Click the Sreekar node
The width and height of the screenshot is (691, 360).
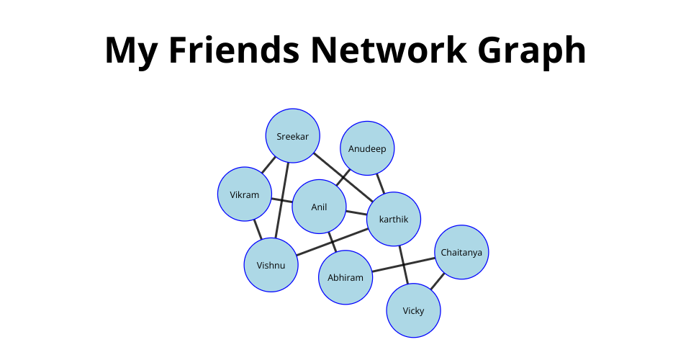(292, 135)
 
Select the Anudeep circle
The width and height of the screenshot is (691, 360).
(367, 148)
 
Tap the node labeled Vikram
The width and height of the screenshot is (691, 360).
(244, 194)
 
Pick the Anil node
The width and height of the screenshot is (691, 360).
(319, 207)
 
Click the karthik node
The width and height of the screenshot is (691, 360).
(394, 219)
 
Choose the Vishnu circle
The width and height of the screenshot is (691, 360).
(271, 265)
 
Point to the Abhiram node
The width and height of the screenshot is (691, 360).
(345, 277)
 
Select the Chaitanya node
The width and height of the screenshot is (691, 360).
(462, 252)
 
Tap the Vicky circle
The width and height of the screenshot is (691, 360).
(413, 310)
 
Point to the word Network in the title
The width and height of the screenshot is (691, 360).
(394, 50)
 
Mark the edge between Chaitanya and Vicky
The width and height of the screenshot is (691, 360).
(438, 282)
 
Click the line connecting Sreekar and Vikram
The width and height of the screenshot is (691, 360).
(268, 164)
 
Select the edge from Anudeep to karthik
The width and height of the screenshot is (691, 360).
(380, 184)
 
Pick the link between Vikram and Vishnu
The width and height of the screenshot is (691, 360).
(257, 229)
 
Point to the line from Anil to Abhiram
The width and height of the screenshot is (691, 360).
(332, 242)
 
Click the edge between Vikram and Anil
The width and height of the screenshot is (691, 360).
(281, 200)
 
